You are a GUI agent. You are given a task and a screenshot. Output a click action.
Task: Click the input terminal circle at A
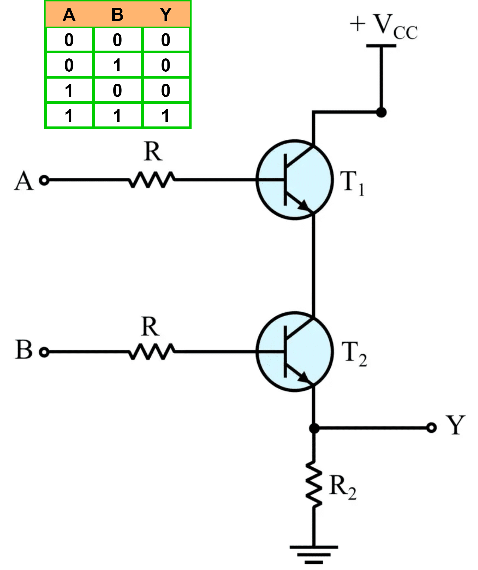point(44,180)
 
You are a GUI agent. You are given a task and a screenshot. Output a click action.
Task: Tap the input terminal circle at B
point(44,352)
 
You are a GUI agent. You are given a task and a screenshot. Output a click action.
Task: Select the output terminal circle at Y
point(431,428)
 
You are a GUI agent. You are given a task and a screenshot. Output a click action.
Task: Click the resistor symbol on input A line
point(152,180)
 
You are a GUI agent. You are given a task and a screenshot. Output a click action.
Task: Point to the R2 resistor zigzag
point(314,485)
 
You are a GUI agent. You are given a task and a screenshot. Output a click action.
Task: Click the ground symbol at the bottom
point(314,554)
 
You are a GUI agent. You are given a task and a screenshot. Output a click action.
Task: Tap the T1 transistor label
point(352,183)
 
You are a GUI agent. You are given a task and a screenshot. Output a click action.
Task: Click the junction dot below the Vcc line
point(381,112)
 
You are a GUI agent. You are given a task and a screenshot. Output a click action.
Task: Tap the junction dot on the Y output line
point(314,428)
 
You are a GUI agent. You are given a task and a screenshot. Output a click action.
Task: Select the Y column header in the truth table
point(166,14)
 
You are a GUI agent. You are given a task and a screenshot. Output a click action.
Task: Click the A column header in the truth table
point(69,14)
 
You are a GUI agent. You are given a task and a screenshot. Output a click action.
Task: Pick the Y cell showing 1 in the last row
point(166,116)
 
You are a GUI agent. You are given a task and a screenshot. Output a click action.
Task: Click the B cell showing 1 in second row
point(117,65)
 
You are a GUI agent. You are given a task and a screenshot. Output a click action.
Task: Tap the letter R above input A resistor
point(153,151)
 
